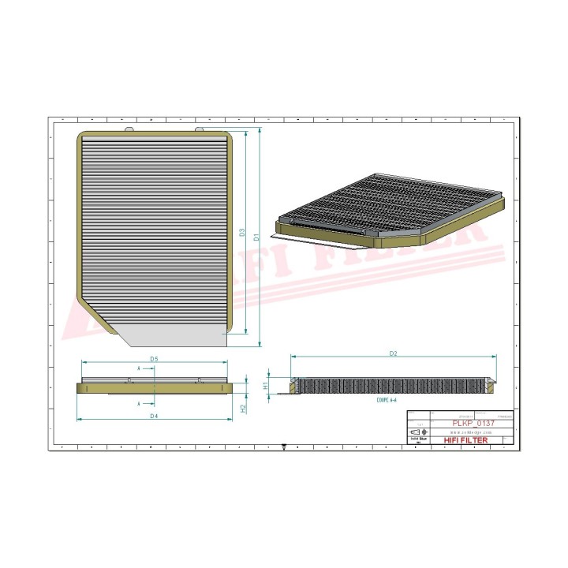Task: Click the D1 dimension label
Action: click(257, 235)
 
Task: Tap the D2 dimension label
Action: click(392, 354)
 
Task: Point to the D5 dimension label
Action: click(155, 360)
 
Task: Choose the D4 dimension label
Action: click(155, 416)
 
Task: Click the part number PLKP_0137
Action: click(473, 423)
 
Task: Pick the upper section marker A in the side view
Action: click(140, 368)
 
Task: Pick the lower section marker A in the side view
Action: click(140, 402)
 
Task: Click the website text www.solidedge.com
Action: click(471, 432)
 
